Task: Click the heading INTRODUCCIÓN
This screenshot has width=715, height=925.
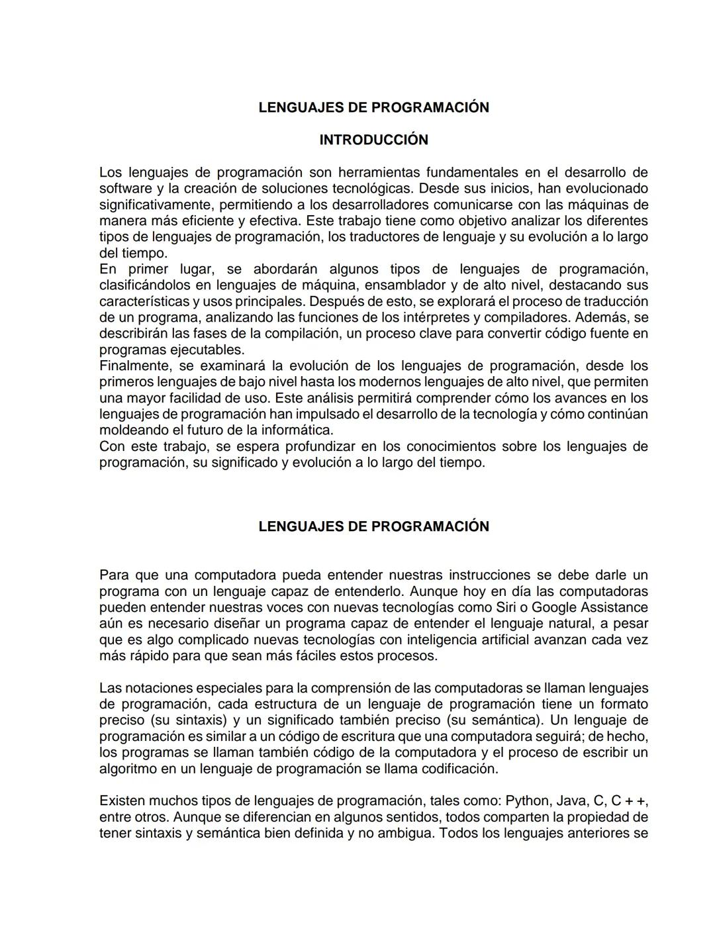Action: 373,140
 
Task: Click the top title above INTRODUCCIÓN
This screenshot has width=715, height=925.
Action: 373,107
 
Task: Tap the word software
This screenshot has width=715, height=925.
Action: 125,189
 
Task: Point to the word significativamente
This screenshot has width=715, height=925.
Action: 152,205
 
